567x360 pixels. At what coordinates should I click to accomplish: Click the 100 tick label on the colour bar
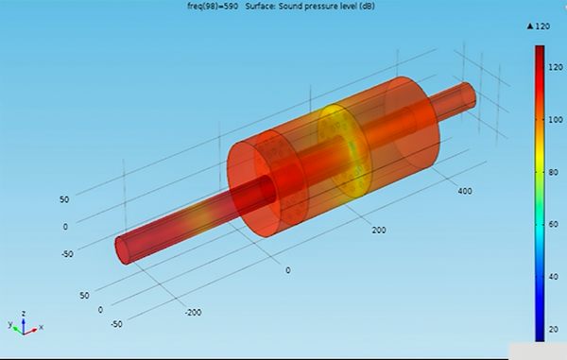click(x=555, y=120)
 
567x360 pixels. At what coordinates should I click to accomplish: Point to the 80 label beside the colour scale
click(x=553, y=172)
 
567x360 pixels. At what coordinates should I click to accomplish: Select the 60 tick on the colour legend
click(x=553, y=225)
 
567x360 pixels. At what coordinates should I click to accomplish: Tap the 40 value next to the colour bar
click(x=553, y=277)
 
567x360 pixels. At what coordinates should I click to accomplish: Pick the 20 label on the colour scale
click(x=553, y=329)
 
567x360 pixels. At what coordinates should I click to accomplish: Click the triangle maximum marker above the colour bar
click(x=530, y=26)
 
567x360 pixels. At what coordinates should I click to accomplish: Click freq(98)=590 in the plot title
click(x=213, y=7)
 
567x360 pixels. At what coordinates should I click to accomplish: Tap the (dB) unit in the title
click(x=367, y=7)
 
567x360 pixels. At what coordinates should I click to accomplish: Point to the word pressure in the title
click(x=317, y=7)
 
